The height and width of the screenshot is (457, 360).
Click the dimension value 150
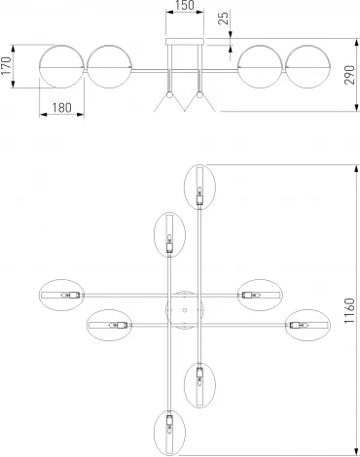(x=184, y=8)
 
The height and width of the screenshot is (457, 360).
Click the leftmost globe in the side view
(x=59, y=68)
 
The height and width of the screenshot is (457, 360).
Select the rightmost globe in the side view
(x=309, y=68)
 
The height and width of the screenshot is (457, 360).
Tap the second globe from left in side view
(x=110, y=68)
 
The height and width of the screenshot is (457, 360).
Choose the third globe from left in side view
(x=259, y=68)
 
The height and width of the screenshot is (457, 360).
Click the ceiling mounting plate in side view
(x=184, y=44)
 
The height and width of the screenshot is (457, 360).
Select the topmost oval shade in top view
(x=199, y=187)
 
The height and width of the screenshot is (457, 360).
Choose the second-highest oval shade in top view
(x=169, y=235)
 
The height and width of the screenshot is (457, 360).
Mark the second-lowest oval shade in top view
(x=199, y=381)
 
